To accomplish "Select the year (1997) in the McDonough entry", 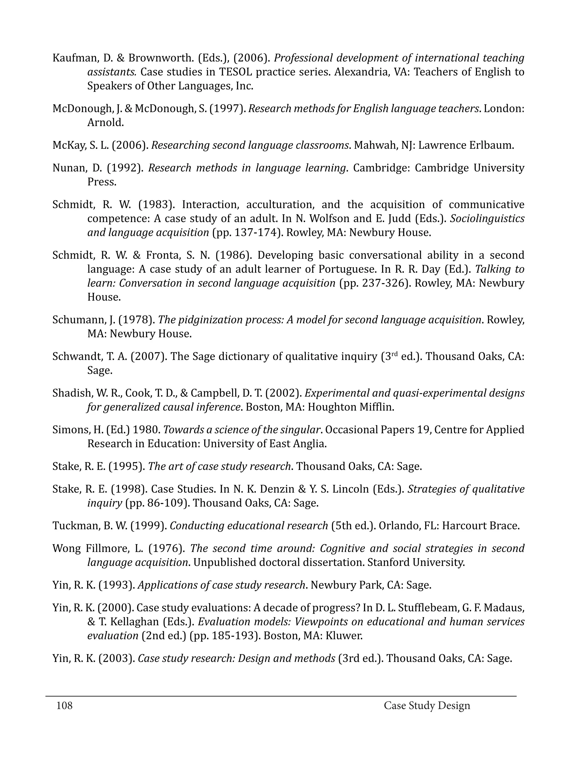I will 227,109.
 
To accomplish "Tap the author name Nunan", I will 68,168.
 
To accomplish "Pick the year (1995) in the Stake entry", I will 127,466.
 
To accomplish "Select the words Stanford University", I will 416,562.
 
